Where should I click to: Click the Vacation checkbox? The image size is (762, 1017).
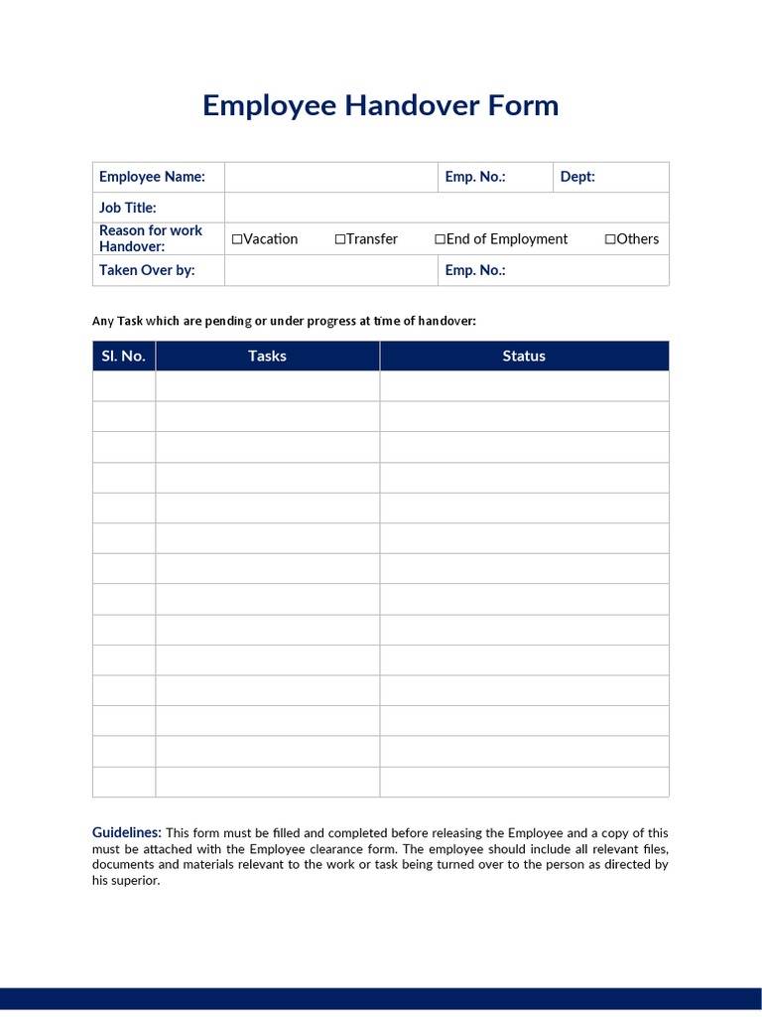[x=237, y=239]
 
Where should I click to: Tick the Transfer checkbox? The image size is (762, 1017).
[x=340, y=239]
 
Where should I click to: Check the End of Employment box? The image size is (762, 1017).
[x=440, y=239]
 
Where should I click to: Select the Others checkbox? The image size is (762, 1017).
[x=610, y=239]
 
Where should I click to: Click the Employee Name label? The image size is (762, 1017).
[x=152, y=177]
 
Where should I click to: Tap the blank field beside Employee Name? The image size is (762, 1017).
[x=330, y=177]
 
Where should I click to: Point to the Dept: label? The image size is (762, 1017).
[x=577, y=177]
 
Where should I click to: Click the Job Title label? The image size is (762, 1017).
[x=128, y=208]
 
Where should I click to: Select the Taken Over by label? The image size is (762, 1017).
[x=147, y=270]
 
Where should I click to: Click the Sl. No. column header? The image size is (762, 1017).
[x=124, y=356]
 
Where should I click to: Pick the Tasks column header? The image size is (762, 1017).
[x=267, y=356]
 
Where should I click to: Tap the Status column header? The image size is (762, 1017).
[x=524, y=356]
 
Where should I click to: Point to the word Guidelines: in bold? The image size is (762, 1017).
[x=127, y=832]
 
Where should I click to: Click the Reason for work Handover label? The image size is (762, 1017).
[x=151, y=238]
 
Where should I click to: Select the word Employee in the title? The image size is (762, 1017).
[x=269, y=105]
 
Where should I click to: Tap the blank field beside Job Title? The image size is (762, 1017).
[x=446, y=208]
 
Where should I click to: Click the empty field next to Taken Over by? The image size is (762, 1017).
[x=330, y=270]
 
